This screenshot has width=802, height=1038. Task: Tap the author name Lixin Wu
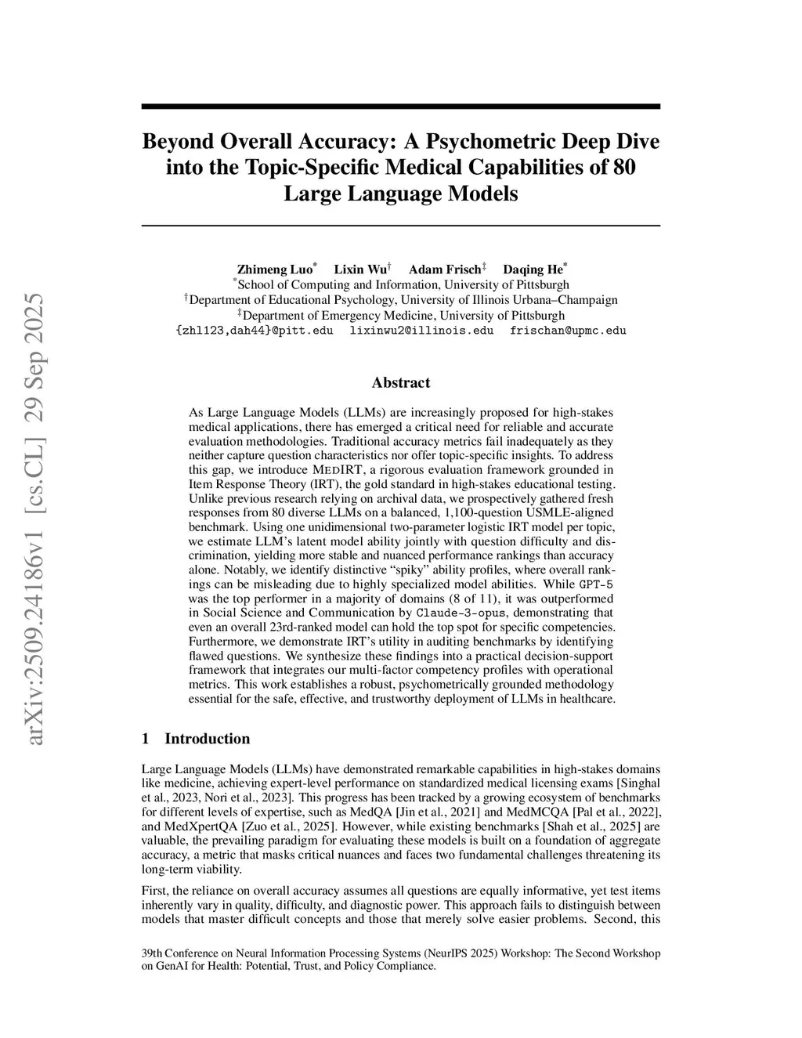point(361,269)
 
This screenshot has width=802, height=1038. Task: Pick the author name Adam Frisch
point(445,269)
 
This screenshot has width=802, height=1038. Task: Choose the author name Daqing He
point(533,269)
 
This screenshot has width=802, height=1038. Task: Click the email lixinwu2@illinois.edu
point(421,331)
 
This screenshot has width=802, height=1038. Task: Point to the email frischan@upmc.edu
point(568,331)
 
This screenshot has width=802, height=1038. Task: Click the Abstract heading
point(401,383)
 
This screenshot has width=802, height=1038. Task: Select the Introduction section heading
point(207,739)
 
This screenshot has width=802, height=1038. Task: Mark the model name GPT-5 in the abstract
point(598,584)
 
